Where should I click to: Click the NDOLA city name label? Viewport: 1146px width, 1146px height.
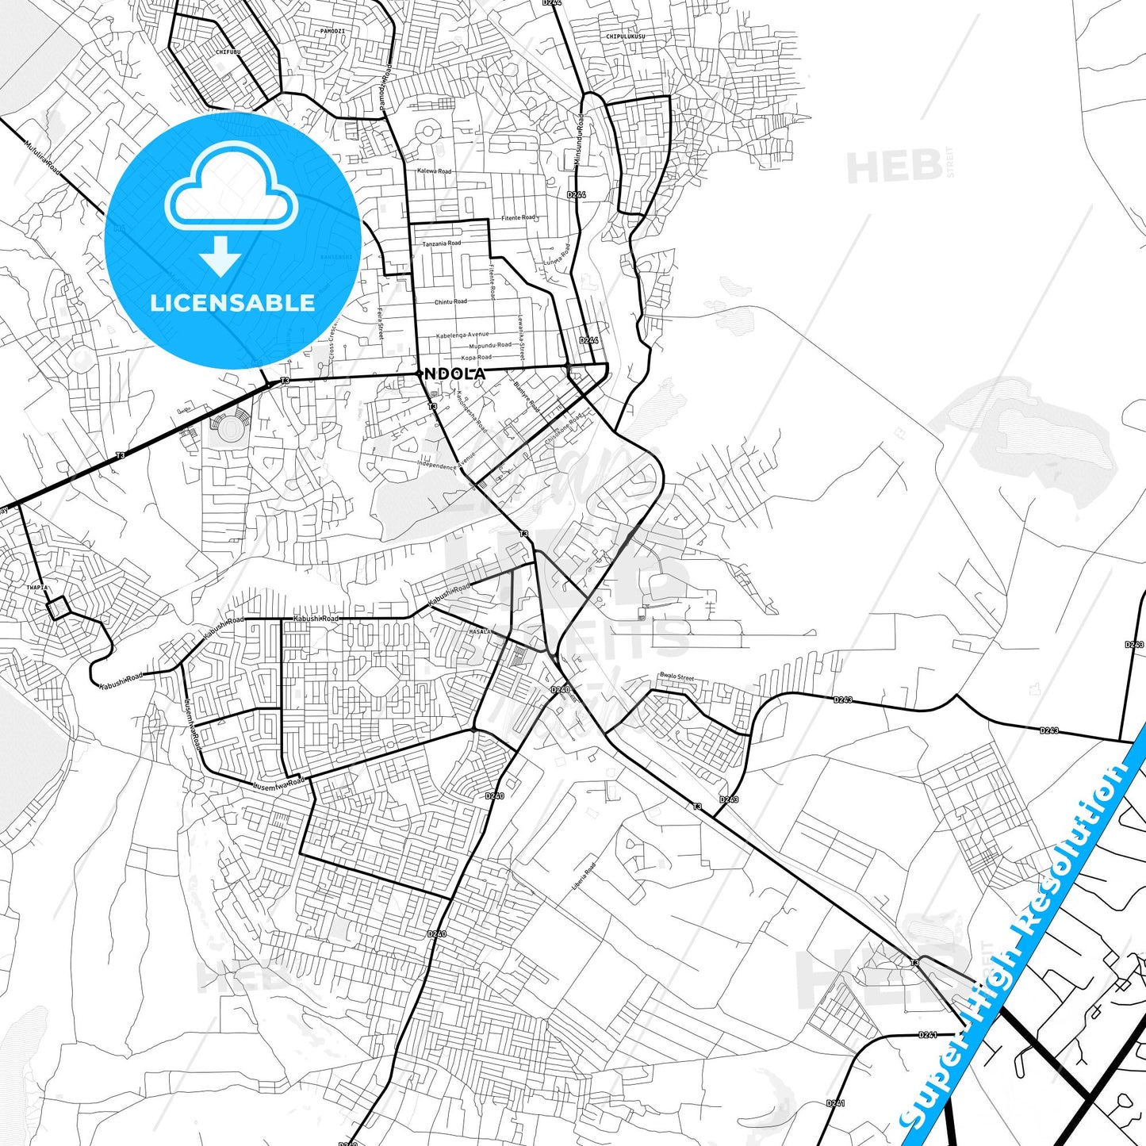[455, 373]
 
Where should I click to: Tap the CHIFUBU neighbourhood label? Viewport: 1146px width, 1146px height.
[228, 52]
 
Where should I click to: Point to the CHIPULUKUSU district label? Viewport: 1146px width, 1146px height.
[626, 36]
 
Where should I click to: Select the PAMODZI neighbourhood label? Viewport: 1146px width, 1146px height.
[332, 31]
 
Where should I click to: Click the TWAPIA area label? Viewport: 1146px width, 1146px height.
[37, 588]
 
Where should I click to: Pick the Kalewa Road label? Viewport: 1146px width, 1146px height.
[434, 171]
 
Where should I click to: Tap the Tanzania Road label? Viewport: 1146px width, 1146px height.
[441, 243]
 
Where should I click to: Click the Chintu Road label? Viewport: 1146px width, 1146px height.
[450, 302]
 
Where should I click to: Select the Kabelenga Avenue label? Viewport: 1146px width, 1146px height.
[462, 335]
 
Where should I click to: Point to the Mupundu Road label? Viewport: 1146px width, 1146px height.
[490, 346]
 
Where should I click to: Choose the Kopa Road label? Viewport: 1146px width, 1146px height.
[477, 358]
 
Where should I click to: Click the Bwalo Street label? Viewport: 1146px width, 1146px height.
[676, 677]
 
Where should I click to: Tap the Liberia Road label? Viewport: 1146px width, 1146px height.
[584, 876]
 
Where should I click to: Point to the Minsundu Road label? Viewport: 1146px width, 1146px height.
[579, 140]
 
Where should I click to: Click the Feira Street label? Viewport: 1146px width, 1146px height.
[380, 325]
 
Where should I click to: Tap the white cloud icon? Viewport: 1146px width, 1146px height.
[231, 187]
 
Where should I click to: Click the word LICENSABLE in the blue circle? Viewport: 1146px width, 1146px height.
[232, 303]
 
